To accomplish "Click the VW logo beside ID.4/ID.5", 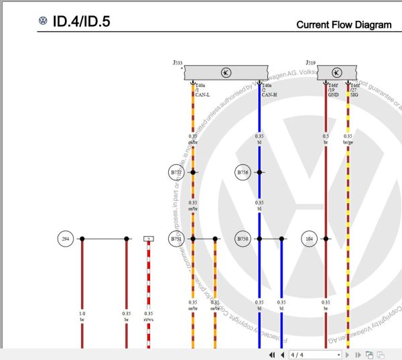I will pyautogui.click(x=44, y=21).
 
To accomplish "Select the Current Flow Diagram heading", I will pyautogui.click(x=344, y=25).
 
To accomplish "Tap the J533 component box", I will pyautogui.click(x=226, y=72).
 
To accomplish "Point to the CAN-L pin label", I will pyautogui.click(x=203, y=95).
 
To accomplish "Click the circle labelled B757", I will pyautogui.click(x=176, y=172).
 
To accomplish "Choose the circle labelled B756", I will pyautogui.click(x=243, y=172).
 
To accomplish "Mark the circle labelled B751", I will pyautogui.click(x=176, y=239).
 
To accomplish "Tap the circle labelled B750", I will pyautogui.click(x=243, y=239).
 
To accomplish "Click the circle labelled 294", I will pyautogui.click(x=65, y=239).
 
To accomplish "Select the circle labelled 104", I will pyautogui.click(x=309, y=239).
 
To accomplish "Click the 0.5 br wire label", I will pyautogui.click(x=326, y=139).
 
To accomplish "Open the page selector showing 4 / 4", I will pyautogui.click(x=314, y=354).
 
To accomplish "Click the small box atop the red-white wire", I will pyautogui.click(x=149, y=239).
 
